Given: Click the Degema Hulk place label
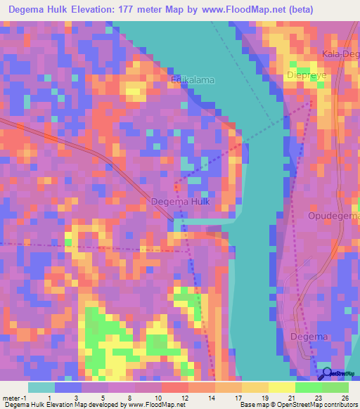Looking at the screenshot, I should point(179,202).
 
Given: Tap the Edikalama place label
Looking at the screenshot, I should point(193,80).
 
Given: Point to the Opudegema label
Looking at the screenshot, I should point(333,215).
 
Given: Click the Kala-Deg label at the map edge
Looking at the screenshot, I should point(340,54).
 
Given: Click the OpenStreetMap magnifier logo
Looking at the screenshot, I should point(326,373).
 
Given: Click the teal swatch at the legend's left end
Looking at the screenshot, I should point(41,387).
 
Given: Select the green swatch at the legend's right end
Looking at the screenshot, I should point(335,387).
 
